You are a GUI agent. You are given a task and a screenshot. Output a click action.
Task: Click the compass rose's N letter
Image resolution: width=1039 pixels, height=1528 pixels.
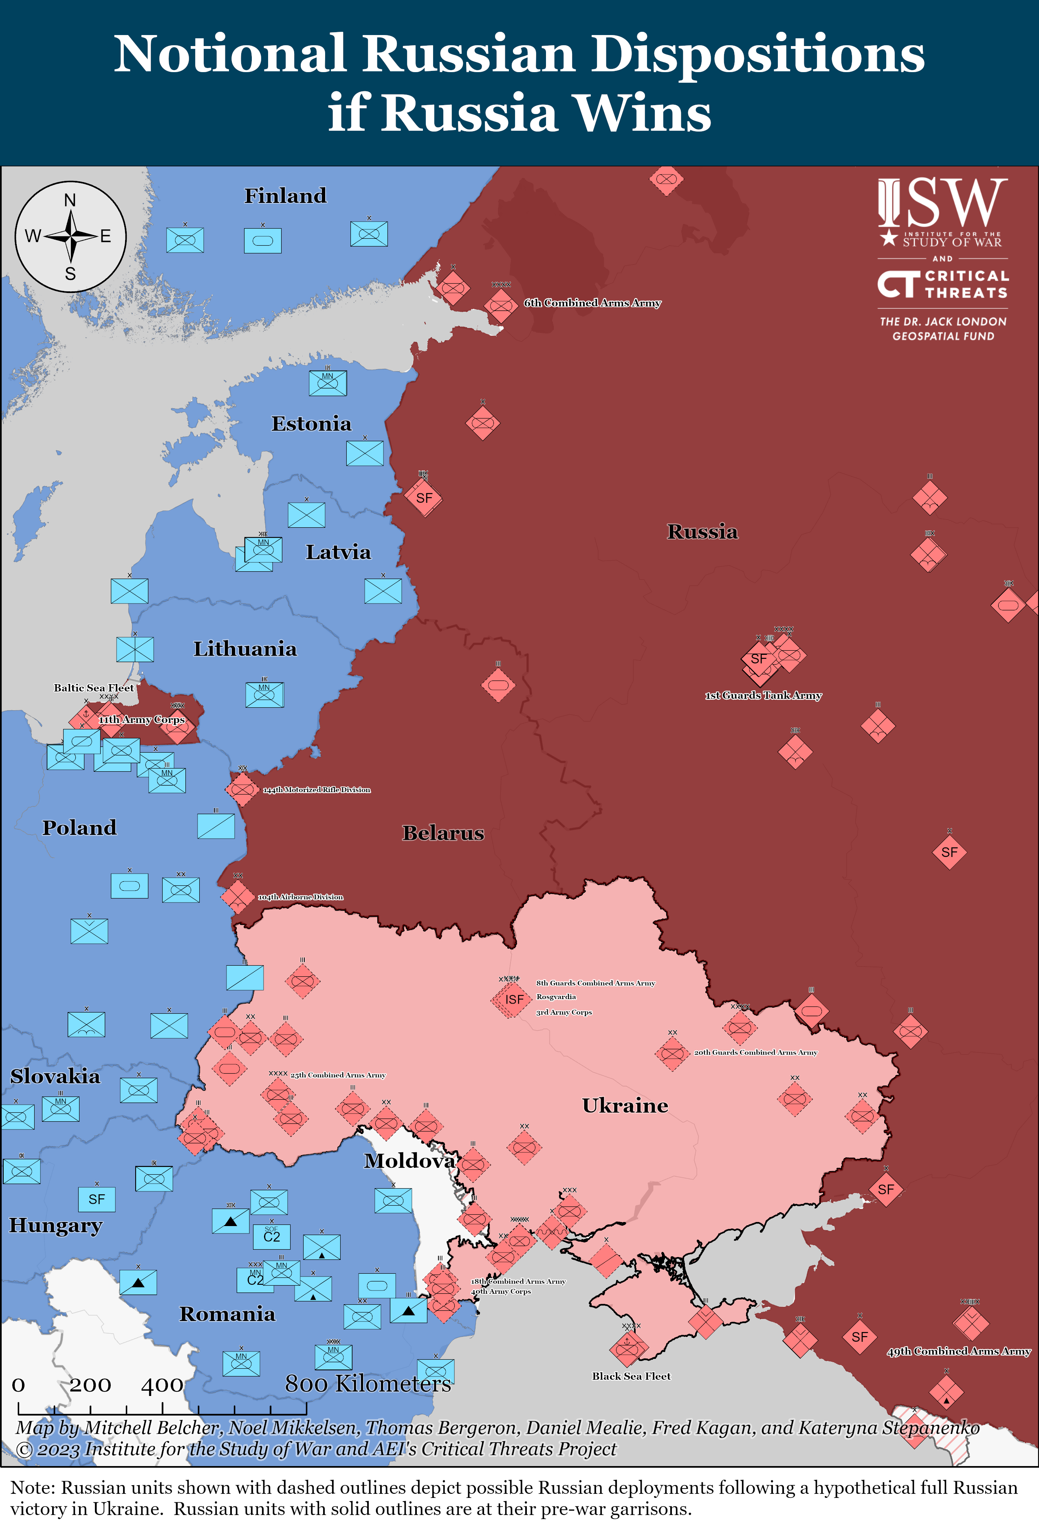70,200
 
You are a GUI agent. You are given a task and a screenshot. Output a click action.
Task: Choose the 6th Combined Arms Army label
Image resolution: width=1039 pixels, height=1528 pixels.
592,303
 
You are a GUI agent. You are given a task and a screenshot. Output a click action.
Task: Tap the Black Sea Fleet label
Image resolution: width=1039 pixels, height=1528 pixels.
631,1376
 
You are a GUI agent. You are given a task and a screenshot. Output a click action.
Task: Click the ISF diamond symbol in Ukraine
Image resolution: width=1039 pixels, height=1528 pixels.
513,1000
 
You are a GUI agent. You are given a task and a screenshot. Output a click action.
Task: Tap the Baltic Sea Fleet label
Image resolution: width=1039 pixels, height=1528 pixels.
93,688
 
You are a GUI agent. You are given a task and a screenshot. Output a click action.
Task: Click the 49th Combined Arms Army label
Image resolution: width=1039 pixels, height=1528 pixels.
958,1351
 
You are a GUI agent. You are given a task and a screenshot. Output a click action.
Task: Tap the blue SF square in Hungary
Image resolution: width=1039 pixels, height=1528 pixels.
97,1199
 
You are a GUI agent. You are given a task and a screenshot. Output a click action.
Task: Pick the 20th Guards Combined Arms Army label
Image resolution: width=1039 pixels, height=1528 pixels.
755,1052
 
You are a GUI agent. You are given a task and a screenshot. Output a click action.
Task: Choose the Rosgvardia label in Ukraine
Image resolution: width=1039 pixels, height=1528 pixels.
556,997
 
